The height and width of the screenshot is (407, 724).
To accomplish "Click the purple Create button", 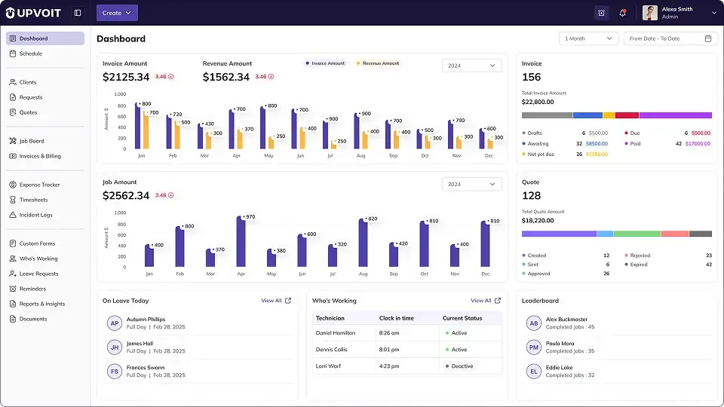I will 117,13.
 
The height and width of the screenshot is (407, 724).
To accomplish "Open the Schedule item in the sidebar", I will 31,54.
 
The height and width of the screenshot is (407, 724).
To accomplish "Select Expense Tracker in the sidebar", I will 39,185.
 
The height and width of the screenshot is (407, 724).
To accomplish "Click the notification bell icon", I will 622,13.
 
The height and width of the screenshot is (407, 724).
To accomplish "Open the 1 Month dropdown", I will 589,38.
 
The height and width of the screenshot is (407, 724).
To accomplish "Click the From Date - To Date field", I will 670,38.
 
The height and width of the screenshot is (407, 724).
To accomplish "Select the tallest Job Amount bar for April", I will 241,241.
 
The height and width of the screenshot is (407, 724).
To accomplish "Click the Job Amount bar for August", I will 363,243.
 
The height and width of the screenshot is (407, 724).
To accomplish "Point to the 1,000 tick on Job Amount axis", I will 119,213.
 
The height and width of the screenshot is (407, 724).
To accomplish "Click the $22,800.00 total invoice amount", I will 538,102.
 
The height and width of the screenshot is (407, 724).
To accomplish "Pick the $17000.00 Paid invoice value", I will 698,143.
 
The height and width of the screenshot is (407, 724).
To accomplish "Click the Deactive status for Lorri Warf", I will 461,366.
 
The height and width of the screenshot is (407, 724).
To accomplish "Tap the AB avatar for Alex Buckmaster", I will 533,323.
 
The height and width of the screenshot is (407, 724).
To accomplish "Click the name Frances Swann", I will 146,367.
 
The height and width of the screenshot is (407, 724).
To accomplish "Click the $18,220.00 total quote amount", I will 538,221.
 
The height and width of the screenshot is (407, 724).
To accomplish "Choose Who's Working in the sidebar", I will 38,259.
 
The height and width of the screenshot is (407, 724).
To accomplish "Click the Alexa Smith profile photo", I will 650,13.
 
